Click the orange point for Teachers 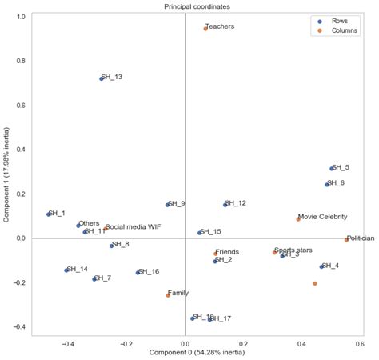tap(205, 28)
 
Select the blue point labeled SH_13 tap(102, 78)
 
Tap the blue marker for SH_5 tap(331, 168)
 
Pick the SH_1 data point tap(49, 214)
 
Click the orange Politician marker tap(346, 240)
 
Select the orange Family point tap(168, 295)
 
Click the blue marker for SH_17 tap(210, 319)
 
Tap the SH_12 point tap(225, 204)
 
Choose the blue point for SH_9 tap(168, 205)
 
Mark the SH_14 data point tap(66, 270)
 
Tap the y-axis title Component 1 tap(6, 172)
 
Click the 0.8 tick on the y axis tap(22, 61)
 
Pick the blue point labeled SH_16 tap(138, 272)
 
